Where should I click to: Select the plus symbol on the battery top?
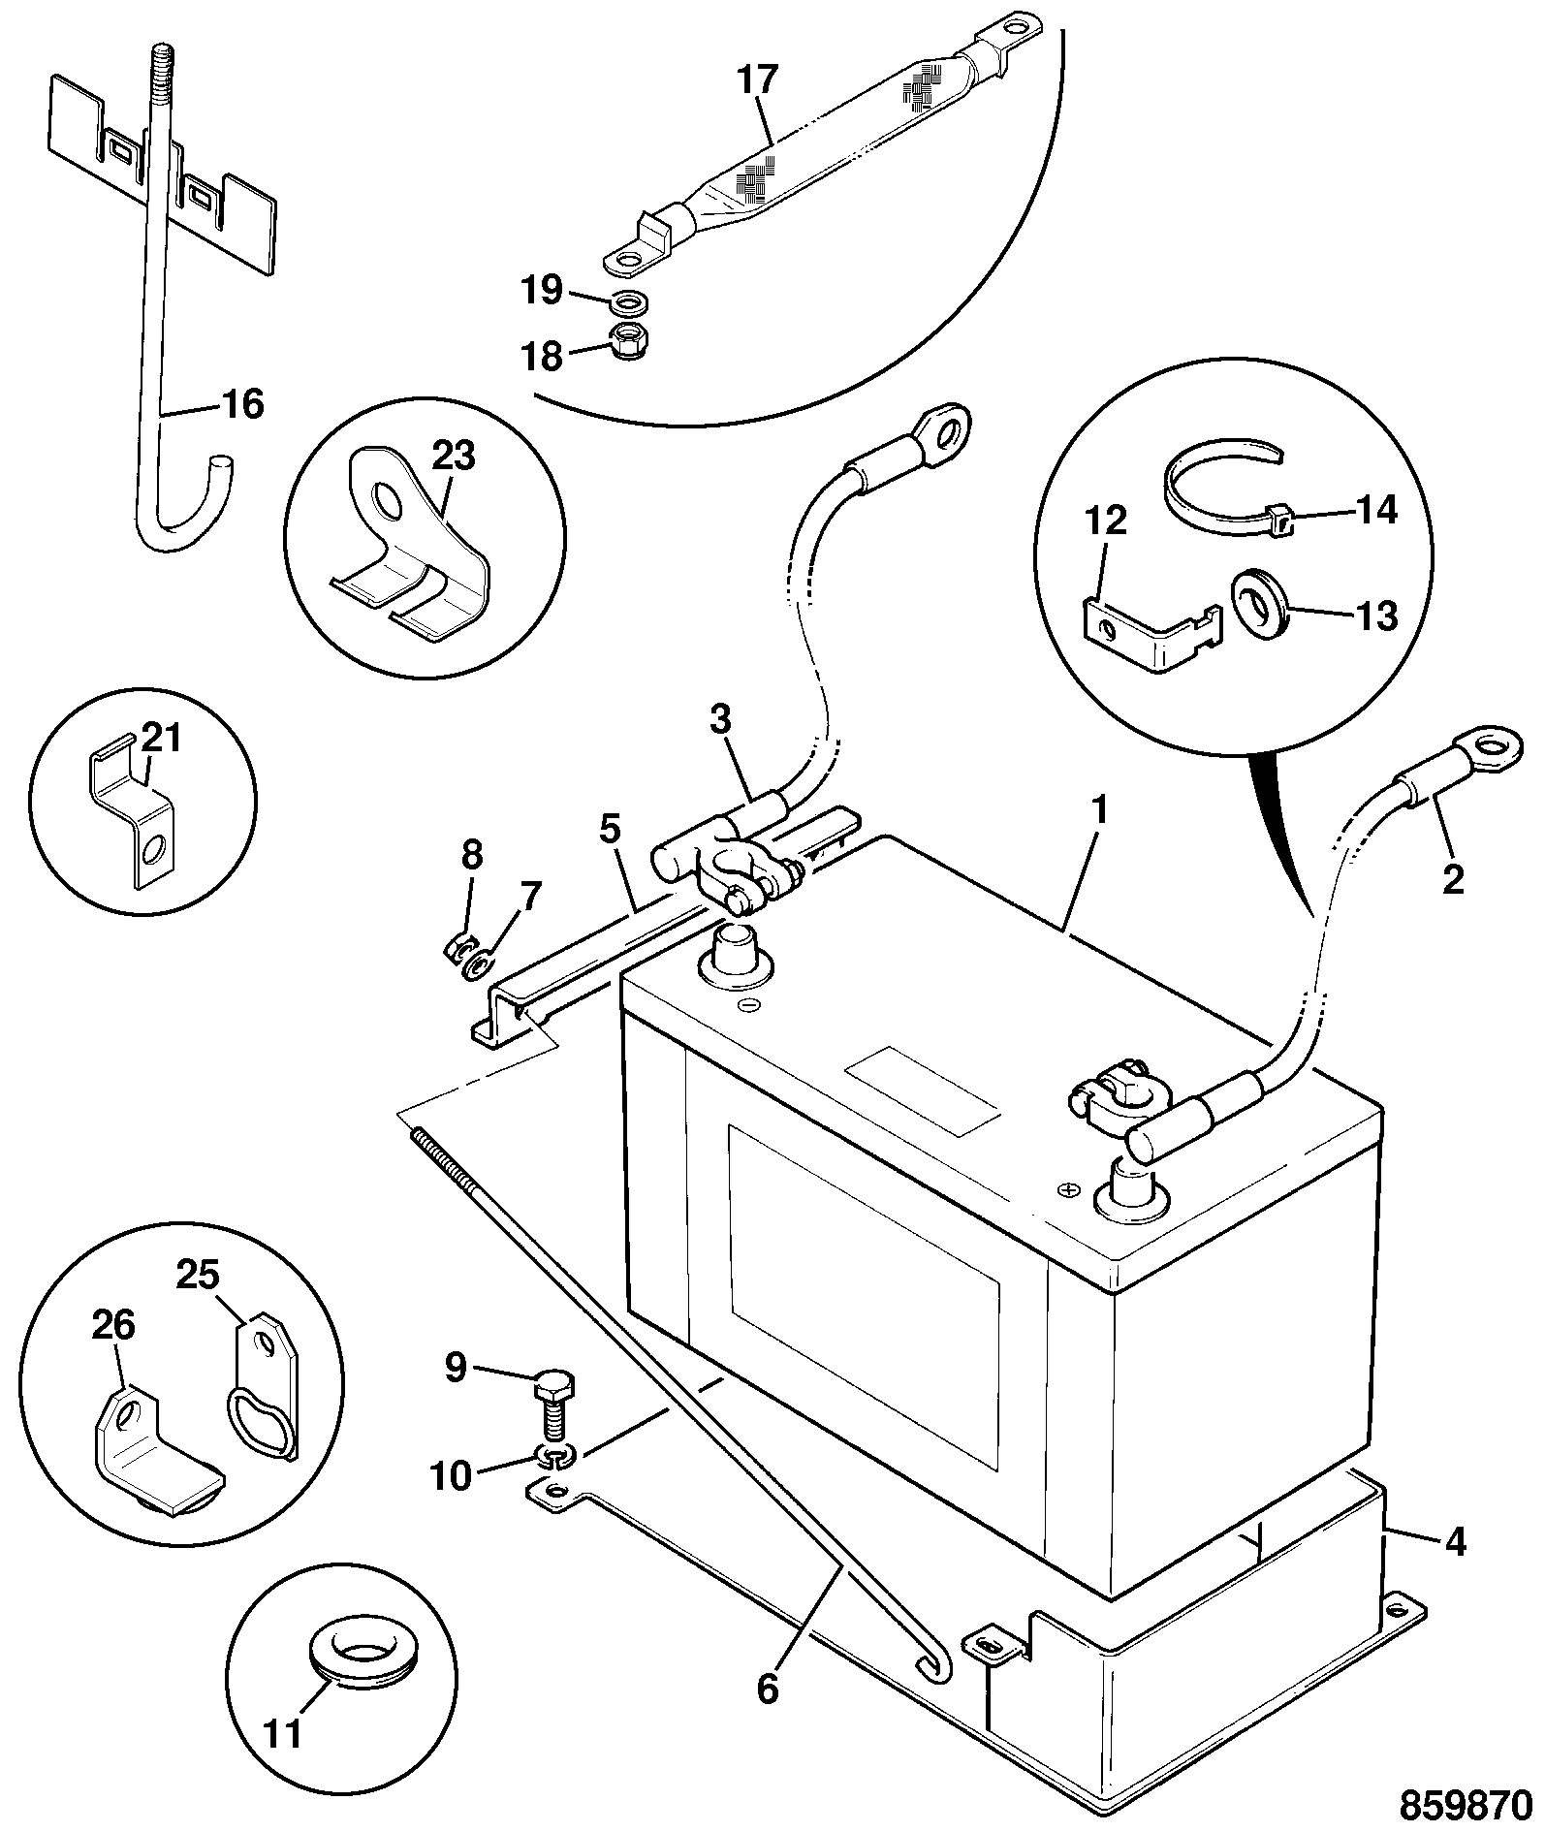click(x=1069, y=1188)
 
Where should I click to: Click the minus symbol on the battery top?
click(x=746, y=1005)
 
